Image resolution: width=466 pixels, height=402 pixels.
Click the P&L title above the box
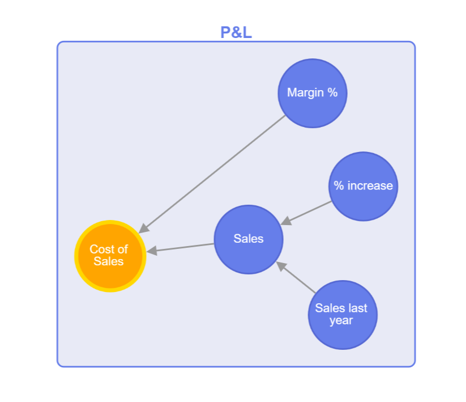click(x=236, y=32)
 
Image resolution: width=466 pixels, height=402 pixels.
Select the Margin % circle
click(x=312, y=94)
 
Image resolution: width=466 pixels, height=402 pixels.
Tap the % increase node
click(x=363, y=186)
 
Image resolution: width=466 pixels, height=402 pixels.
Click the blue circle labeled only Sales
click(x=248, y=239)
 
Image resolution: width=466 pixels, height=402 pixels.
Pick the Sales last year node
click(x=342, y=315)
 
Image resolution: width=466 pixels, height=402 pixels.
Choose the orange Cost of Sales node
click(x=110, y=256)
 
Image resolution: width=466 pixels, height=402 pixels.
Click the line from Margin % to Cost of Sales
click(x=215, y=172)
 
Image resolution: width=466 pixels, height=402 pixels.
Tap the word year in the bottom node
click(x=341, y=321)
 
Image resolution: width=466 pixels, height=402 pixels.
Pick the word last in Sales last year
click(x=357, y=308)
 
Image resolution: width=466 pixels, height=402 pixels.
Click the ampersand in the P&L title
click(x=236, y=32)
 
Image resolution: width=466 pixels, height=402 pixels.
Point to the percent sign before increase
click(x=339, y=186)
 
